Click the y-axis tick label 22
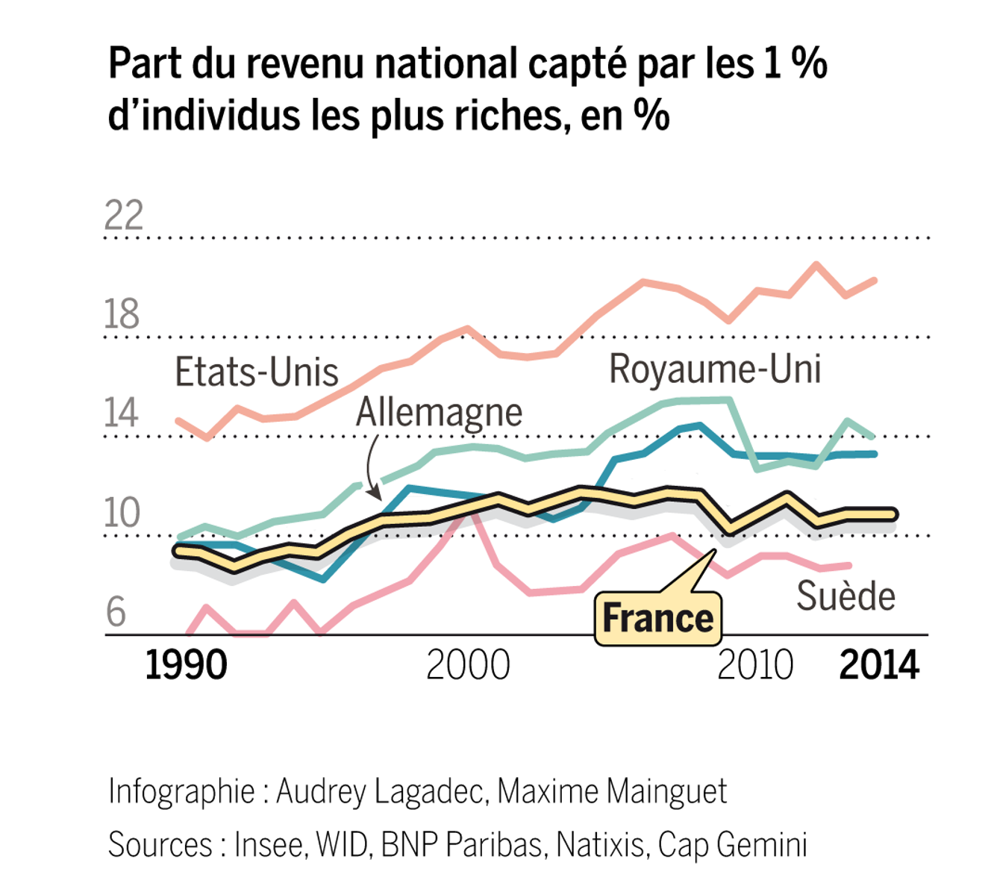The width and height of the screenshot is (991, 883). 123,216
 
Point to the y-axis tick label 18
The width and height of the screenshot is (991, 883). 122,314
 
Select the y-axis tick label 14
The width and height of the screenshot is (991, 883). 122,413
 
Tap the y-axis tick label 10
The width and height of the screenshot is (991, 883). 122,513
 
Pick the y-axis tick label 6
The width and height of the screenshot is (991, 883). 116,612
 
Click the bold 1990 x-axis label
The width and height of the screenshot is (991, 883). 186,665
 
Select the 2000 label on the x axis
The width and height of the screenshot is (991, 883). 468,665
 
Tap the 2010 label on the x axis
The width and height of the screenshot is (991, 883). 755,665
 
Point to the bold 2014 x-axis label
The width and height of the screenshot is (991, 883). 879,665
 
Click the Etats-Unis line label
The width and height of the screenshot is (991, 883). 257,372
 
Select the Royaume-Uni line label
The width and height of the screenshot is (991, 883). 715,369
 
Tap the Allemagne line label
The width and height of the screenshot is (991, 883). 439,412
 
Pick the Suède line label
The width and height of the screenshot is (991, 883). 845,596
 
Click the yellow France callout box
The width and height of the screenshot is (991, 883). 657,618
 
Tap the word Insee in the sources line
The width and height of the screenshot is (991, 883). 269,845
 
